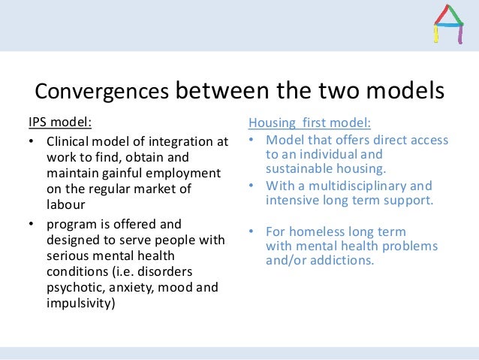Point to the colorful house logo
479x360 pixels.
pyautogui.click(x=449, y=25)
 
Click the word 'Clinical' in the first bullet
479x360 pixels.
pyautogui.click(x=69, y=142)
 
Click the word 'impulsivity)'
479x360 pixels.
pyautogui.click(x=81, y=303)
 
